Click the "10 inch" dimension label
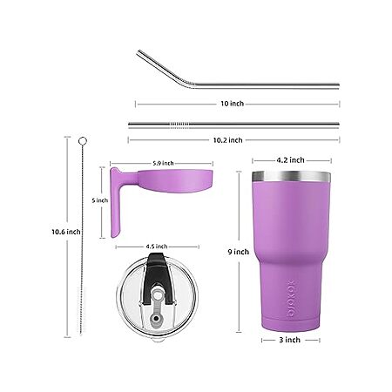pos(232,104)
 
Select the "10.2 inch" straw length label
pos(227,140)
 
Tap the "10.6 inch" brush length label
pos(66,232)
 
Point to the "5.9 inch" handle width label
pos(163,163)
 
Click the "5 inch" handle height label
pos(99,200)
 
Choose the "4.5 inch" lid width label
pos(157,247)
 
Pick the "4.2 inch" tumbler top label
pos(290,160)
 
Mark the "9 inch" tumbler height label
pos(239,252)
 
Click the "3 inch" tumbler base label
pos(290,340)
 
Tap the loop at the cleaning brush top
pos(83,141)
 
